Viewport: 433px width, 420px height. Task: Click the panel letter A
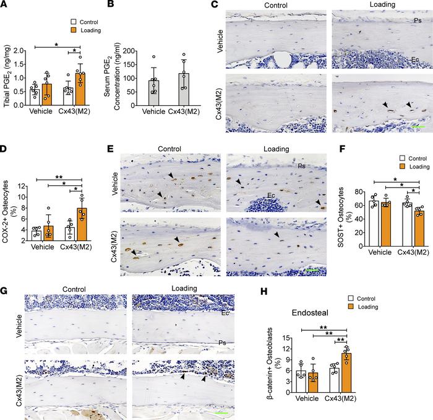point(5,5)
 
